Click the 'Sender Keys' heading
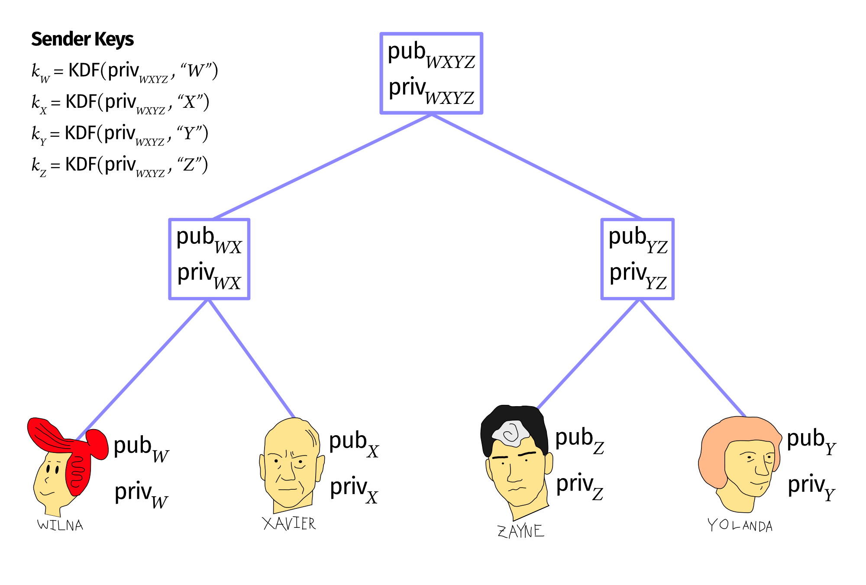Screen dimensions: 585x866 [82, 39]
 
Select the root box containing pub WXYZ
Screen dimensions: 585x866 [431, 73]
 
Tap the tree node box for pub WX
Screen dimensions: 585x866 [209, 259]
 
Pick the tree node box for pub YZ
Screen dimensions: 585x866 [637, 259]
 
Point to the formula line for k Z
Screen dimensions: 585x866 [120, 165]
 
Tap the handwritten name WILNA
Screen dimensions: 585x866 [60, 525]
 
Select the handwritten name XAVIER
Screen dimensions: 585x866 [289, 524]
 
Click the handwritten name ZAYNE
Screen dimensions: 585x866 [520, 531]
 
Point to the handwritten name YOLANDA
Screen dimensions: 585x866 [740, 526]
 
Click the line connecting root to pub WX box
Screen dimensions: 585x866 [323, 166]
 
